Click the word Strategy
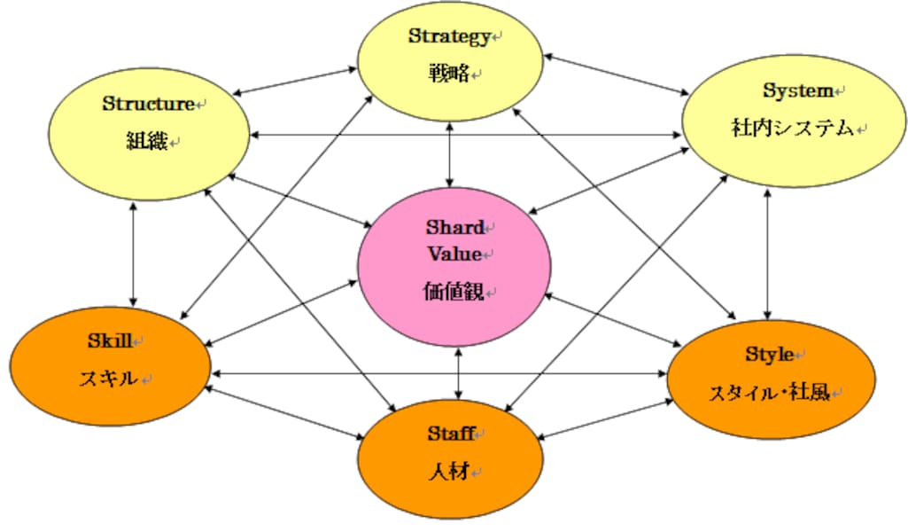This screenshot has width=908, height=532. [x=448, y=36]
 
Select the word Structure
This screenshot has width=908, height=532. [x=148, y=104]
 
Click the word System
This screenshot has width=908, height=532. [x=797, y=90]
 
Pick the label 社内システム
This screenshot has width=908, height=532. [x=792, y=129]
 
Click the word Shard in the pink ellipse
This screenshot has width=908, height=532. [x=455, y=227]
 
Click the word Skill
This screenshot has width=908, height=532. [x=108, y=340]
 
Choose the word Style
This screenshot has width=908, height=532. [x=769, y=355]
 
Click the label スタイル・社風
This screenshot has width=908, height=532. [x=768, y=392]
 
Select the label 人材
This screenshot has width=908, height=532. [x=452, y=471]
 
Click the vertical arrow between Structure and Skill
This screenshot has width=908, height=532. [x=133, y=254]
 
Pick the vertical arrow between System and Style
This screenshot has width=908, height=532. [x=767, y=252]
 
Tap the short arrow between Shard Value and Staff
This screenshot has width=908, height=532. [x=458, y=373]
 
